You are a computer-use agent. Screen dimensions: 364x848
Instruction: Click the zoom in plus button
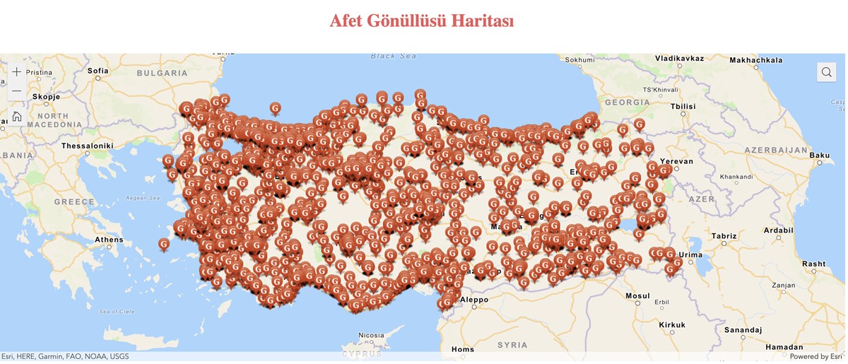(17, 72)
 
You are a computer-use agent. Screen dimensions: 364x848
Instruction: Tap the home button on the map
(17, 117)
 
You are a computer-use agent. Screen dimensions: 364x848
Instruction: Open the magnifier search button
(826, 72)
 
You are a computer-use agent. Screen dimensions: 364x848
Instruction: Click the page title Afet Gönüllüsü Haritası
(422, 20)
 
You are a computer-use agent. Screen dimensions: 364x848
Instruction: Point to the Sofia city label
(98, 71)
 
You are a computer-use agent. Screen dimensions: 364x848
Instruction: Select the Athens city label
(109, 240)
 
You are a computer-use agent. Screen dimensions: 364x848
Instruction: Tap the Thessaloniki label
(88, 146)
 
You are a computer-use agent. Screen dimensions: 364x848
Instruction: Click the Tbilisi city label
(683, 106)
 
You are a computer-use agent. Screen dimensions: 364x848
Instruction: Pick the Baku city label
(820, 155)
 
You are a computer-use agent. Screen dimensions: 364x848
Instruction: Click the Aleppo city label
(473, 300)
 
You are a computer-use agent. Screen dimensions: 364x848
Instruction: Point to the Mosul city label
(637, 295)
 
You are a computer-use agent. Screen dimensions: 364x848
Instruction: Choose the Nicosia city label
(371, 335)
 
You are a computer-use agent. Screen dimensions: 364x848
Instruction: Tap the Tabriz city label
(724, 236)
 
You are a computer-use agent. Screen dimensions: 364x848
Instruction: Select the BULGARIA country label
(162, 73)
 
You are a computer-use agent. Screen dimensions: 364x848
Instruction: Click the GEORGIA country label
(628, 102)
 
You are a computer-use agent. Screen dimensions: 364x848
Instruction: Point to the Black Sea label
(394, 56)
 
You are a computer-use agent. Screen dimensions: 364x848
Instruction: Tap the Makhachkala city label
(755, 60)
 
